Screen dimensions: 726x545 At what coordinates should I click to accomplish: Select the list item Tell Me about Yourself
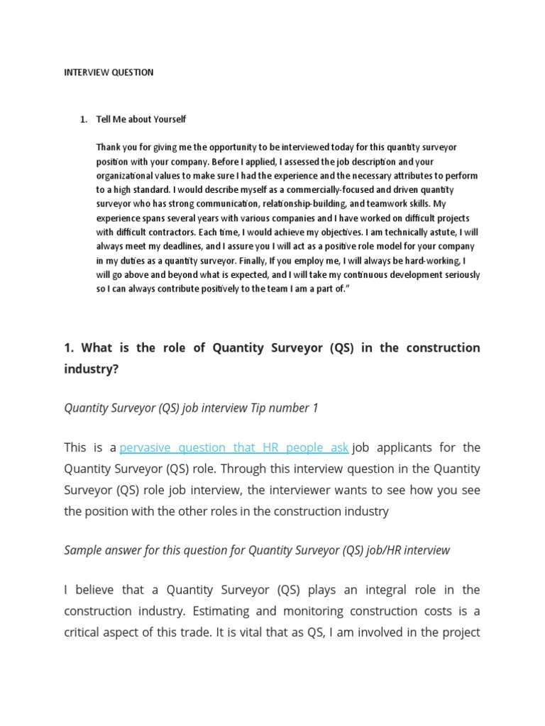point(141,119)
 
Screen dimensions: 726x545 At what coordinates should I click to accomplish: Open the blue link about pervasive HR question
point(234,447)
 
